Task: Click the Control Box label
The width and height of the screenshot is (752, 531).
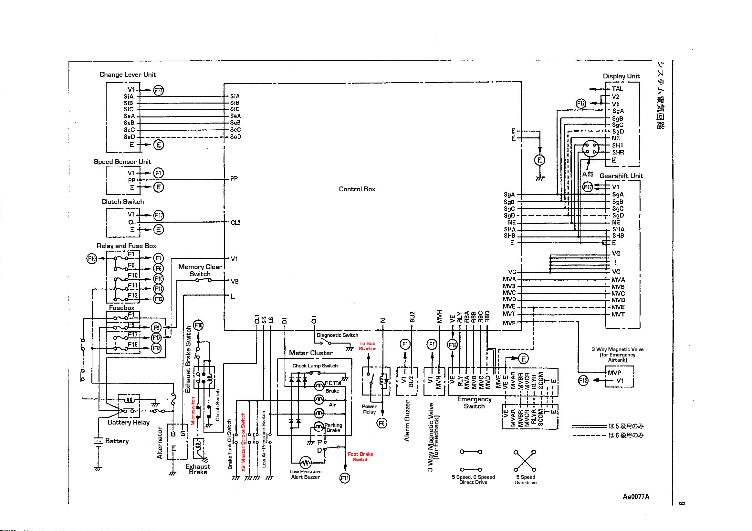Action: point(357,189)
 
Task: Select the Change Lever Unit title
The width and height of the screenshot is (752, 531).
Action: point(128,75)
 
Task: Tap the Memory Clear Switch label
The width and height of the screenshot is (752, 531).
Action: point(200,271)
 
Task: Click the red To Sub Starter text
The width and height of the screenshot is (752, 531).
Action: point(367,346)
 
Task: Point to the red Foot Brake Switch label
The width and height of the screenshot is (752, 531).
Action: point(360,457)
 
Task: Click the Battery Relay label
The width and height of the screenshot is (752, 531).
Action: point(128,422)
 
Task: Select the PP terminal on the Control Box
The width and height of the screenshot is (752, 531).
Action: point(234,179)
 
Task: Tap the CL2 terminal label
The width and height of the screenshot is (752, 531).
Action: point(235,223)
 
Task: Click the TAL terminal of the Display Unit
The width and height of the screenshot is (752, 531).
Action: point(617,89)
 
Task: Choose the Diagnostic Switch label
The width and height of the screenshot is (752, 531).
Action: point(337,336)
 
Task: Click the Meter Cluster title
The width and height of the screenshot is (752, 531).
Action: point(311,353)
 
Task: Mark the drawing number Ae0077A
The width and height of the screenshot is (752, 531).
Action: point(636,497)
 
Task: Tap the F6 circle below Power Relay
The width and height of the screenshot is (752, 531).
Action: point(382,423)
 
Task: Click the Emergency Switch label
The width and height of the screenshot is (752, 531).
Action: point(474,403)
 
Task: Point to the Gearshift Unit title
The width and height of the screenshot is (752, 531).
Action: point(621,176)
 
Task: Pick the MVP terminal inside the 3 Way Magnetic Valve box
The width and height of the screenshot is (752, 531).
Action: point(614,373)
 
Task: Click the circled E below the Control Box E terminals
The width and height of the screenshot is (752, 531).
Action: point(540,160)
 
